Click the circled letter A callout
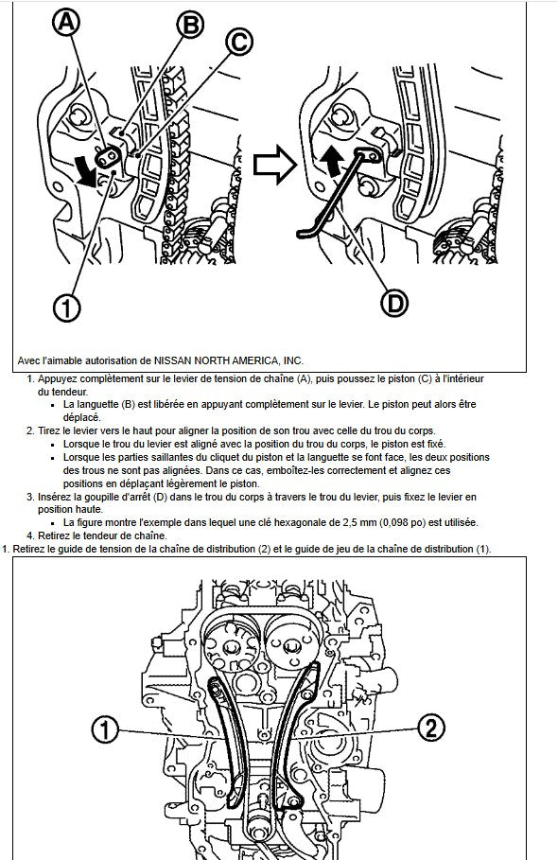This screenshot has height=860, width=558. (66, 23)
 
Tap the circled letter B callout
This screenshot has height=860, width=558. (190, 26)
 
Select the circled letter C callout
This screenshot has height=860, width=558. (239, 43)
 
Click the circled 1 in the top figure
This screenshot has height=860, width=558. (66, 307)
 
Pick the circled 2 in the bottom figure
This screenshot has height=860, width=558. (431, 728)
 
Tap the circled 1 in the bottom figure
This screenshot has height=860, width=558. (105, 730)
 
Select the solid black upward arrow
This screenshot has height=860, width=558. (332, 162)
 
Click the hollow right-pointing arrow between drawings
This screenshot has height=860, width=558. (274, 165)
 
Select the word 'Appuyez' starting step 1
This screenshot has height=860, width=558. (57, 379)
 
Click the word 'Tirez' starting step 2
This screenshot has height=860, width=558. (48, 431)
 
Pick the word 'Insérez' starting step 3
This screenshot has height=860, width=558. (53, 497)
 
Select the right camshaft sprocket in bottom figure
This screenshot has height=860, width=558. (292, 645)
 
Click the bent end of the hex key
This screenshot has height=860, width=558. (305, 234)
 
